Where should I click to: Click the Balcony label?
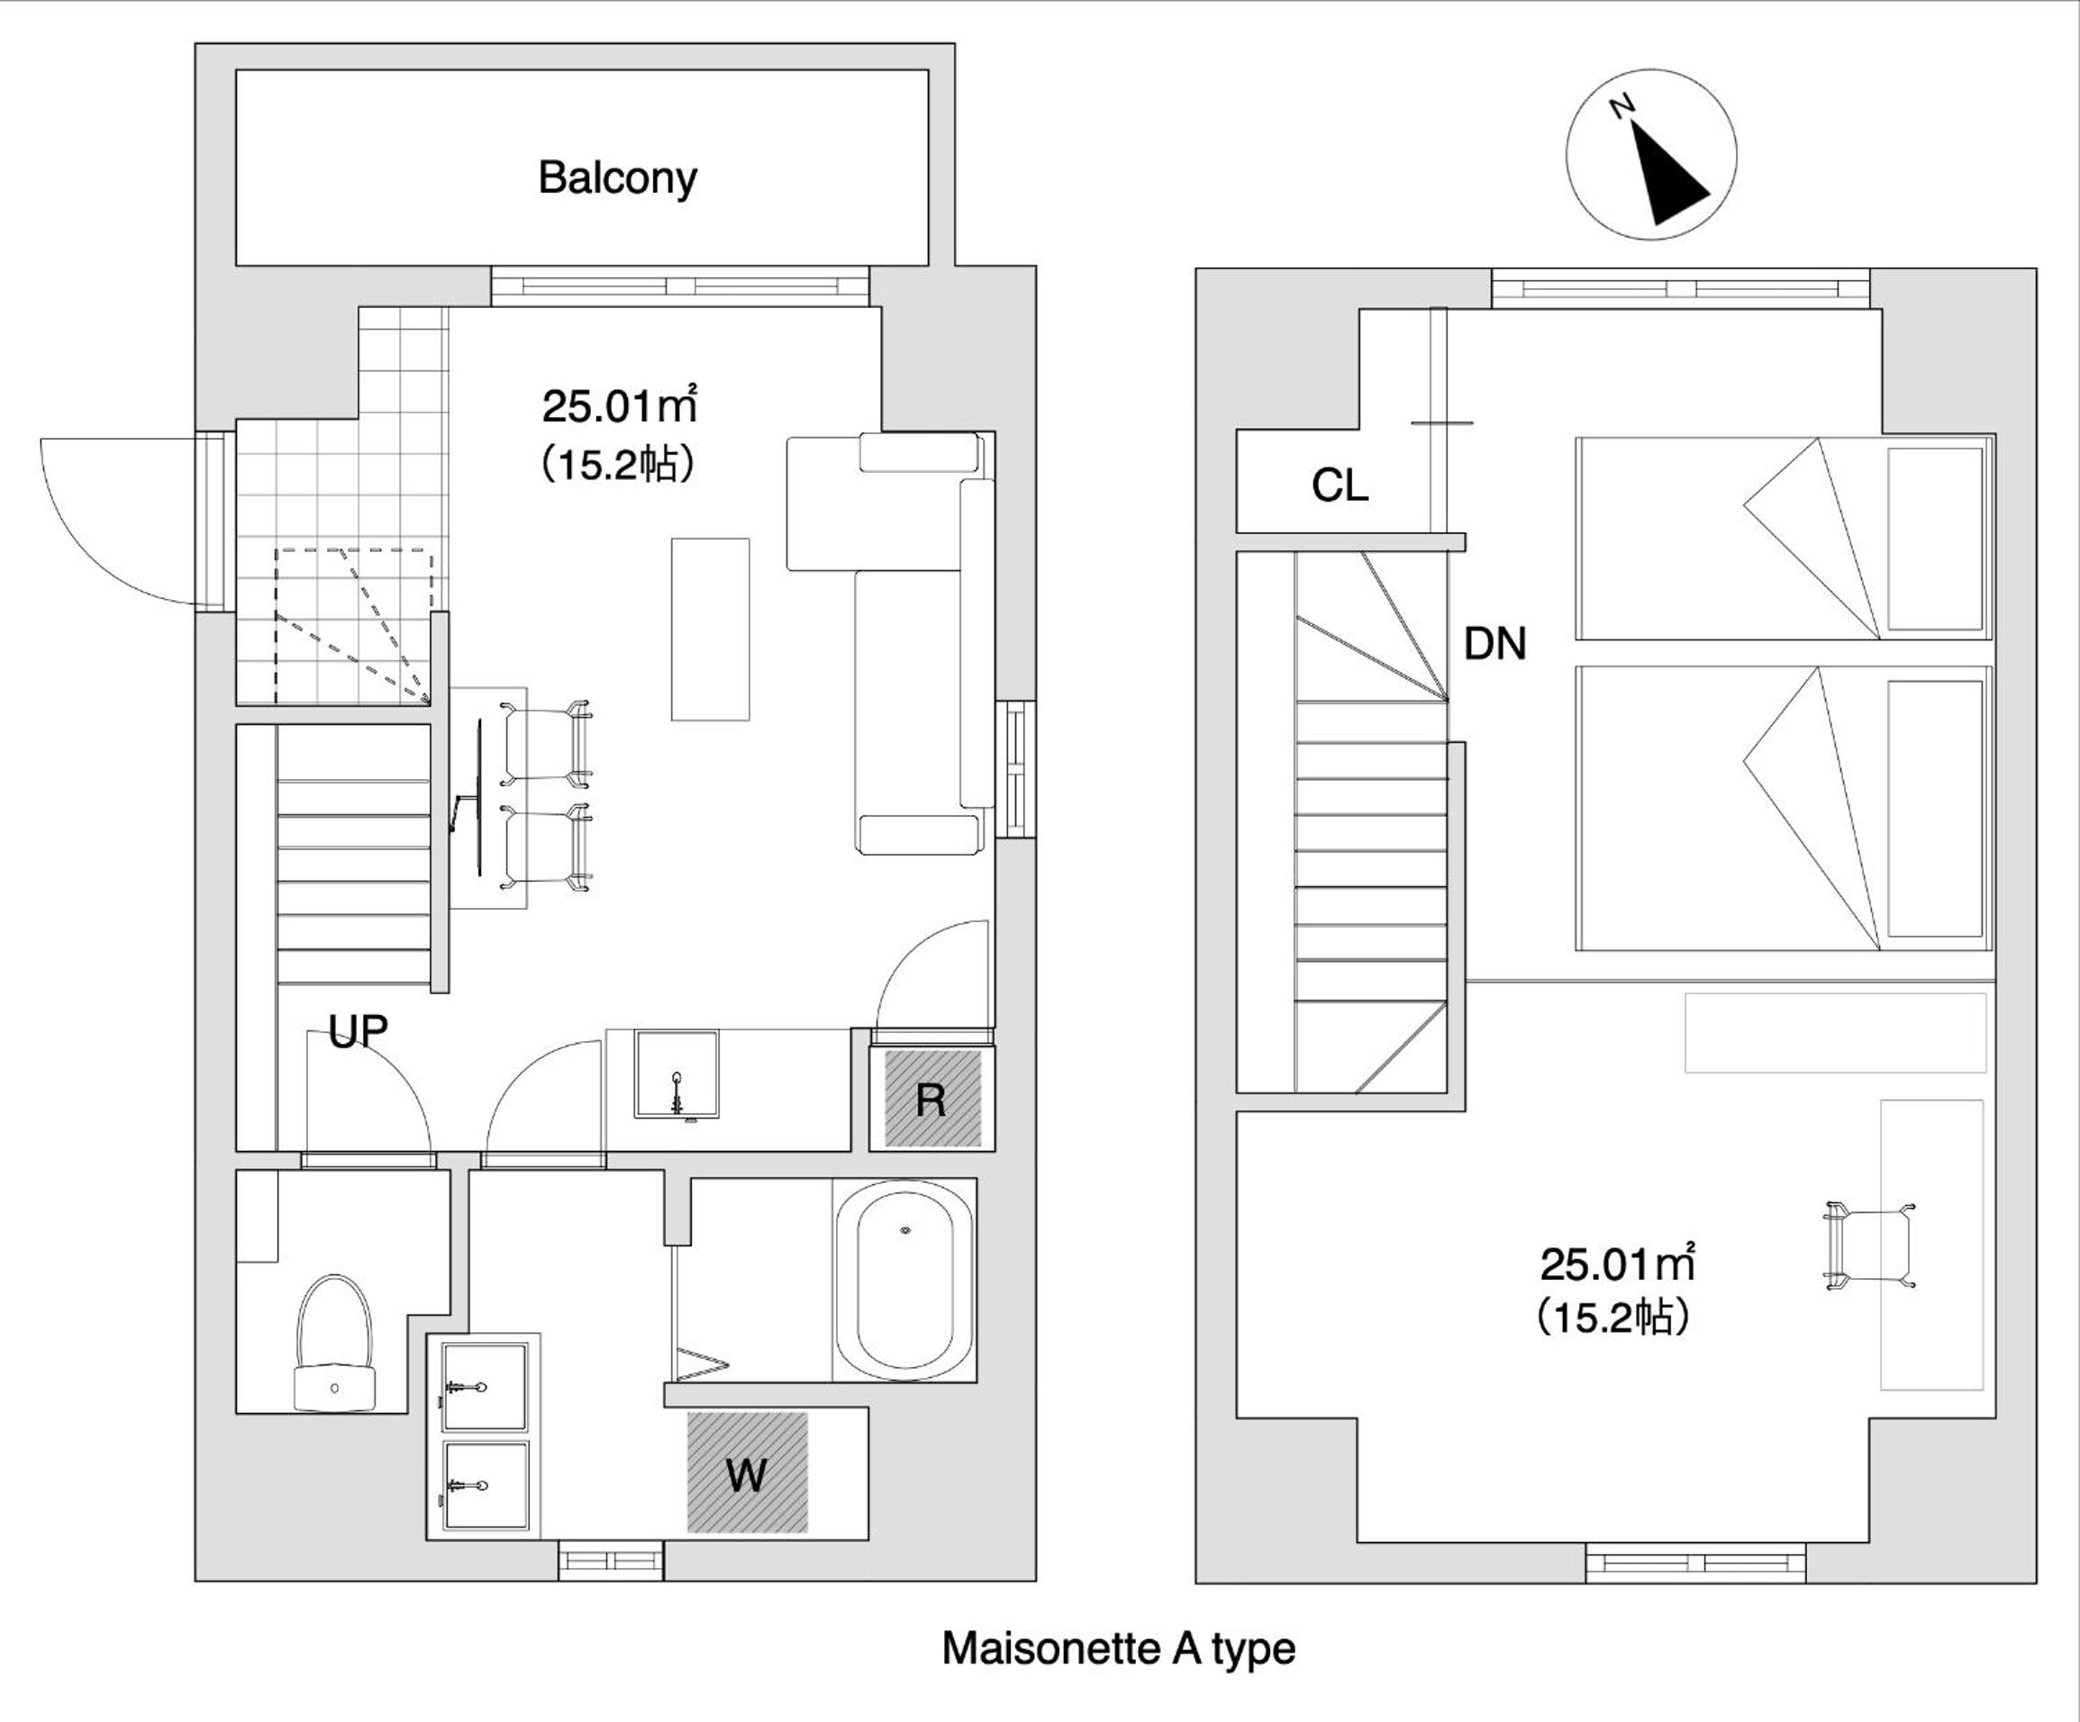[617, 178]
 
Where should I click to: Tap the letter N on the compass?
[1621, 107]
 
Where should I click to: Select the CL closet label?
[1340, 485]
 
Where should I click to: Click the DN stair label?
[1494, 645]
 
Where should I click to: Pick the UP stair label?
[358, 1032]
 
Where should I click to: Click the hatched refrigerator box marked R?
[932, 1099]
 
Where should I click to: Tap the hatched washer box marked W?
[748, 1473]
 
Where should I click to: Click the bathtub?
[905, 1281]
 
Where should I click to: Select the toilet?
[335, 1344]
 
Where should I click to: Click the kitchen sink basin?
[677, 1074]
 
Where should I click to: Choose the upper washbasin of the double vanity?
[485, 1386]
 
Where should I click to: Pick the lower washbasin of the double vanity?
[485, 1485]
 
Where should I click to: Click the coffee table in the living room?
[710, 630]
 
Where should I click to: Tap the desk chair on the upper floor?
[1868, 1245]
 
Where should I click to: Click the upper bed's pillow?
[1935, 538]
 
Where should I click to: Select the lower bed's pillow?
[1935, 808]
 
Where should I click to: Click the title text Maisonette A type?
[1118, 1649]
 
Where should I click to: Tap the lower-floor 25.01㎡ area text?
[620, 405]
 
